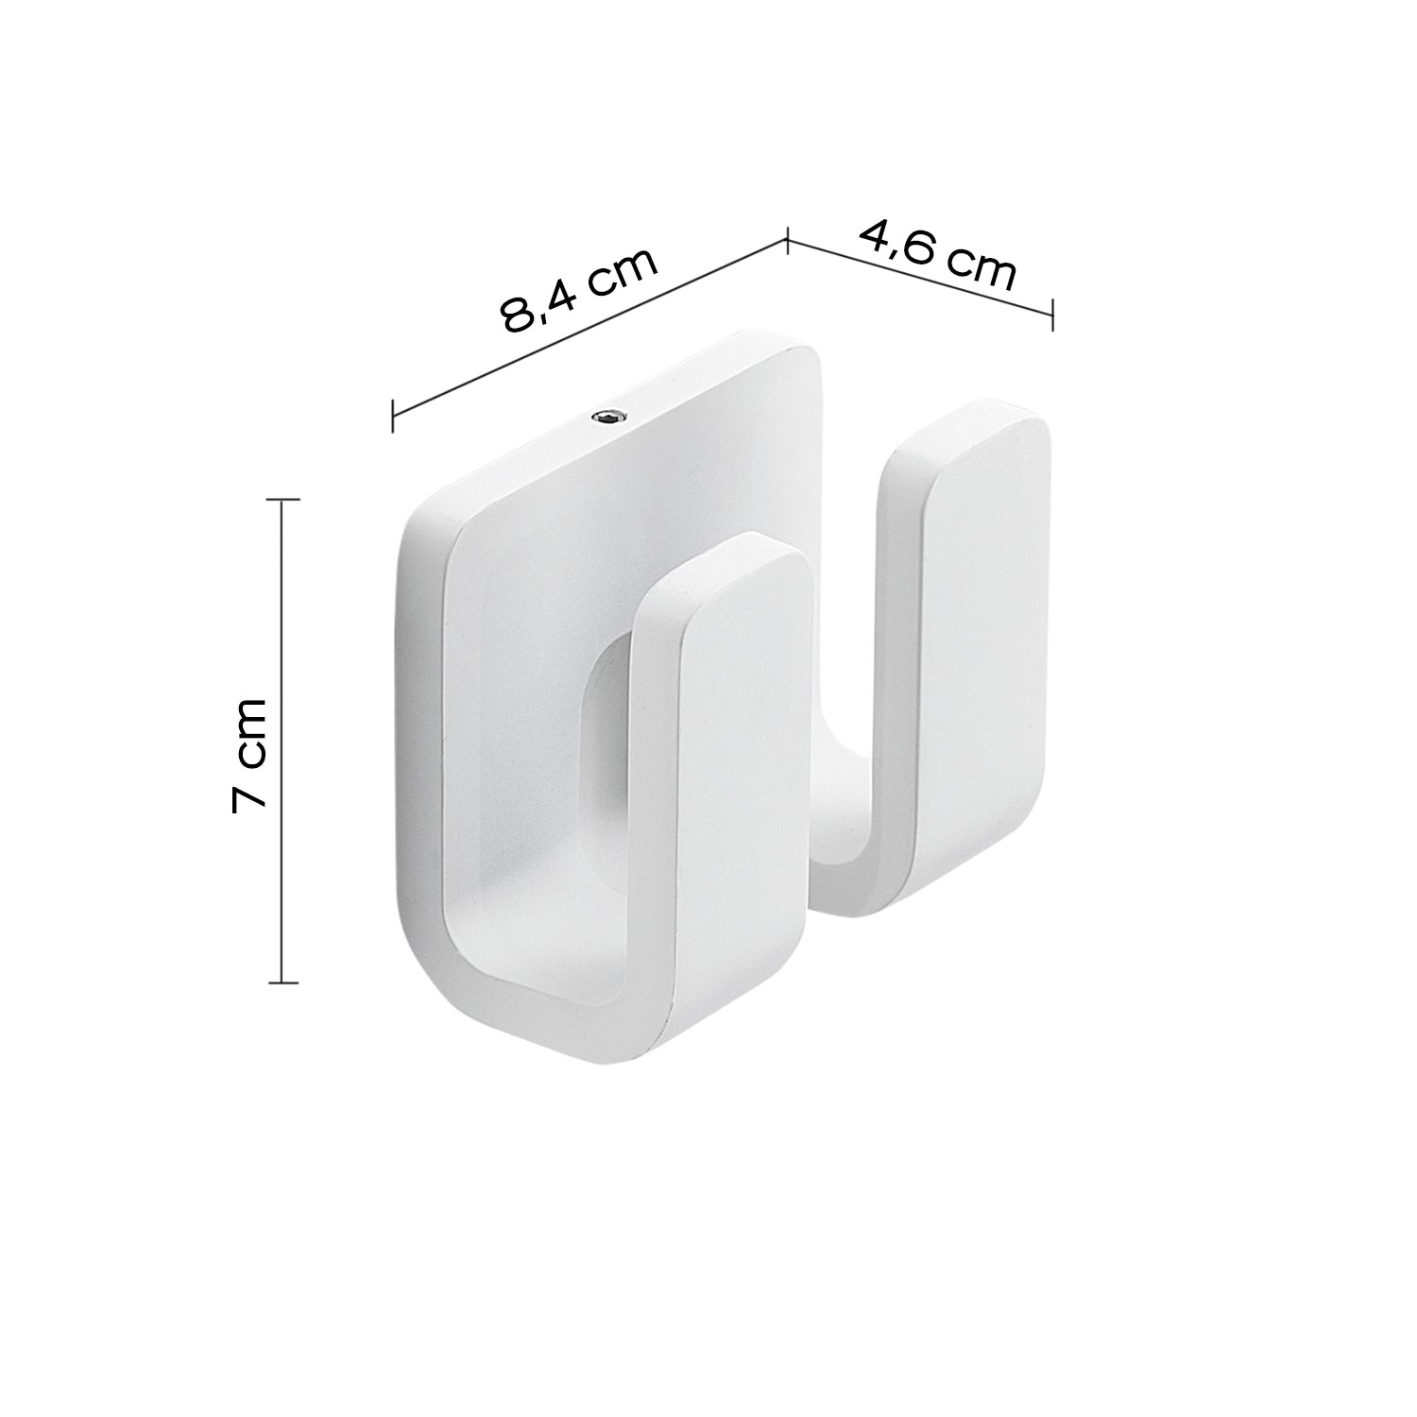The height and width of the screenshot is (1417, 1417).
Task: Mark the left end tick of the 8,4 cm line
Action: click(393, 416)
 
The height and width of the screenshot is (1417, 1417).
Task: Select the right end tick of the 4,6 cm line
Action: click(1052, 313)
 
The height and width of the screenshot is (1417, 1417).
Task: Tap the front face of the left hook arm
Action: click(743, 756)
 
